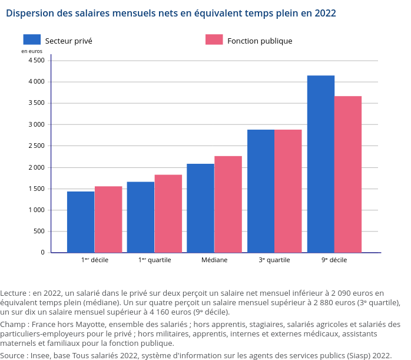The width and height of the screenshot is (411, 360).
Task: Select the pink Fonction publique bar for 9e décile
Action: click(348, 174)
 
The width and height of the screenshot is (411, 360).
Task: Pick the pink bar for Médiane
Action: click(228, 204)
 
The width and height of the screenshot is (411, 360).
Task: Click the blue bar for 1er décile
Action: click(81, 222)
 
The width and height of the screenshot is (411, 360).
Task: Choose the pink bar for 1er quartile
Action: click(168, 213)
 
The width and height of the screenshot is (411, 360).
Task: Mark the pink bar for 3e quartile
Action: click(288, 191)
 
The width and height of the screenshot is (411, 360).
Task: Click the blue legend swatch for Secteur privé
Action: click(32, 39)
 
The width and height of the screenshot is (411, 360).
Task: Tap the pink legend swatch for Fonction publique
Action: click(214, 39)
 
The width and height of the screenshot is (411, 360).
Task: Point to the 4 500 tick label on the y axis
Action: click(36, 60)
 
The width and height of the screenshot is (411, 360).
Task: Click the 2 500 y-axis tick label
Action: click(36, 146)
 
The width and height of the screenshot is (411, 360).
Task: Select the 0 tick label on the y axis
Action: click(42, 252)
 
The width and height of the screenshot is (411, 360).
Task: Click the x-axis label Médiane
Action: click(214, 260)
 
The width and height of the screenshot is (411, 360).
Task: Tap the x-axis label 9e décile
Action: click(334, 260)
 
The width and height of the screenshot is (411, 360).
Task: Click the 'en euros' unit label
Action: click(32, 51)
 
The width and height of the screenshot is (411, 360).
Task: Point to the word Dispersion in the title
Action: click(29, 13)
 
